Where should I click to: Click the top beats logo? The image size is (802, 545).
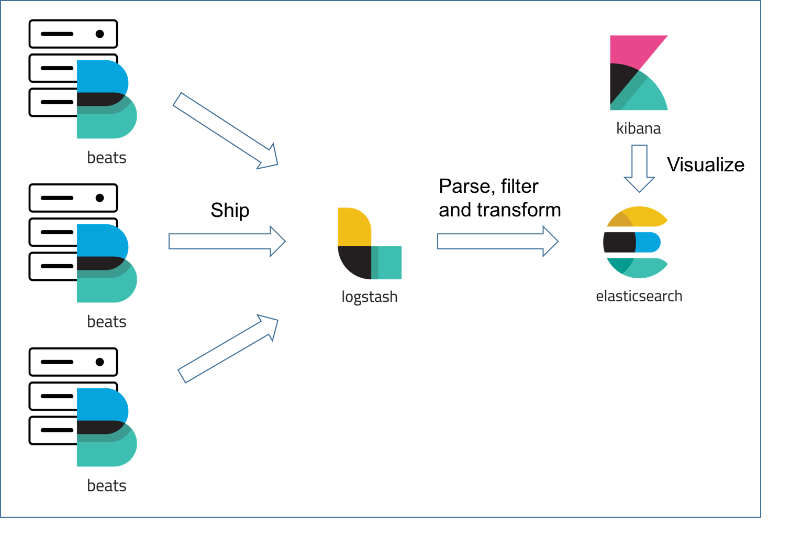(x=106, y=99)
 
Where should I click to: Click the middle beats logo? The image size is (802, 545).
(x=106, y=263)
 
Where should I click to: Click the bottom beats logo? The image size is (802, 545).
(x=106, y=427)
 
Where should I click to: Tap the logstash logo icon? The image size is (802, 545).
(x=369, y=244)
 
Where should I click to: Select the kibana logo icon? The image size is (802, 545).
(x=638, y=73)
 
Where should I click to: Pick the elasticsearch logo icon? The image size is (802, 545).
(x=636, y=242)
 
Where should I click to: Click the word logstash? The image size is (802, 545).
(x=369, y=297)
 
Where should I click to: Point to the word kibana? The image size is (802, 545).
(x=638, y=128)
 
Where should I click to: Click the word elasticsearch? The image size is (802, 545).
(x=639, y=296)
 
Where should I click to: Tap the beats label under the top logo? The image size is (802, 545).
(x=107, y=158)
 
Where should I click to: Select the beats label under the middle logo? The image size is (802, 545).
(x=107, y=322)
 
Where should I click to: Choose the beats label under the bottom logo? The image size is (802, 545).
(x=107, y=486)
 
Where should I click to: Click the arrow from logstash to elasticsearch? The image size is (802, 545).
(x=497, y=242)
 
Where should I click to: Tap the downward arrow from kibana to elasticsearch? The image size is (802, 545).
(x=639, y=168)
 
